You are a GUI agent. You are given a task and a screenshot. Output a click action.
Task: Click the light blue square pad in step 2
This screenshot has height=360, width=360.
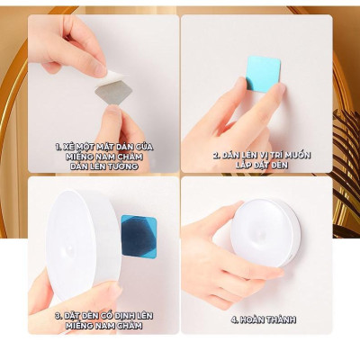pos(263,73)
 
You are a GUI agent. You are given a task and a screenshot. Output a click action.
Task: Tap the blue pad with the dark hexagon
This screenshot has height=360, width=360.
pos(138,237)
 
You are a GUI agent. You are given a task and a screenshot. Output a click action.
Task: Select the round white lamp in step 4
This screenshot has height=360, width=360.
pos(265,233)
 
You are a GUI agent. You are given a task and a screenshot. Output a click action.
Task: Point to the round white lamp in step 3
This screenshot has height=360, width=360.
pos(83,245)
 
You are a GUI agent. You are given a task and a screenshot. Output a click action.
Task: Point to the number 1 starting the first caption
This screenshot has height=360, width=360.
pos(58,144)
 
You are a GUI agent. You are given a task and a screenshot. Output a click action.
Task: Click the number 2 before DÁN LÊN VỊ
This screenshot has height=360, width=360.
pos(215,155)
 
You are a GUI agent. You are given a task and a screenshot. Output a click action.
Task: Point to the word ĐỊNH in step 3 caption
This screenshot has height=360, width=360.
pos(134,315)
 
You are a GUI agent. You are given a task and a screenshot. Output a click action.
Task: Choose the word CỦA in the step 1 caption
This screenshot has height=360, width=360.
pos(143,144)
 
